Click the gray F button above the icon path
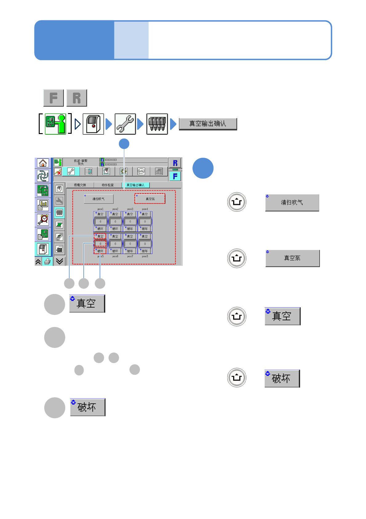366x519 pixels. [54, 98]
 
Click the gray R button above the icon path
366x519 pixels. [77, 98]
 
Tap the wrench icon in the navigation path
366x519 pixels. [125, 124]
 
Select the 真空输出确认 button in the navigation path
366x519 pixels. [208, 124]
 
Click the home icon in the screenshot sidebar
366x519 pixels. [43, 163]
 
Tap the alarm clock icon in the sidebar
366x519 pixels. [43, 220]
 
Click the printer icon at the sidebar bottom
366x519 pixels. [47, 262]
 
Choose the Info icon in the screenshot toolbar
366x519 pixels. [141, 171]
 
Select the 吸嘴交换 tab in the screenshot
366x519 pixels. [80, 185]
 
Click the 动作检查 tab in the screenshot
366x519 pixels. [108, 185]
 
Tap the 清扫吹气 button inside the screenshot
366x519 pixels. [99, 199]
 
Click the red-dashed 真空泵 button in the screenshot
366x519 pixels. [150, 199]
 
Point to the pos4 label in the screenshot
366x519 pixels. [145, 209]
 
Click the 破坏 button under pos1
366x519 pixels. [100, 229]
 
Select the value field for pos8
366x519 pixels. [145, 244]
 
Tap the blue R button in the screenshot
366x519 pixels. [175, 163]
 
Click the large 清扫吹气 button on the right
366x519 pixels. [292, 202]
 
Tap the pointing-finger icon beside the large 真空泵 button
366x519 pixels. [237, 258]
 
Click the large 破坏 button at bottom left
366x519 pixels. [87, 407]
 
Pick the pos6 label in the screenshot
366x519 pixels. [115, 256]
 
